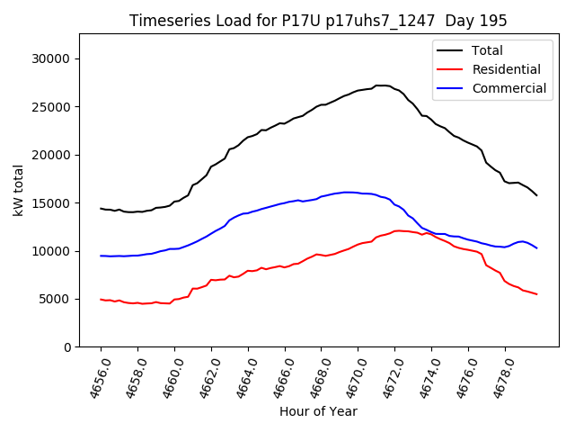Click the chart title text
(x=318, y=21)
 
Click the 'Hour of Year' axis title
(x=318, y=411)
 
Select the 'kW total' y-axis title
(x=18, y=191)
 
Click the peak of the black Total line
(x=382, y=85)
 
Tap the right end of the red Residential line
(x=536, y=294)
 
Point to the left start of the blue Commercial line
(x=102, y=256)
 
